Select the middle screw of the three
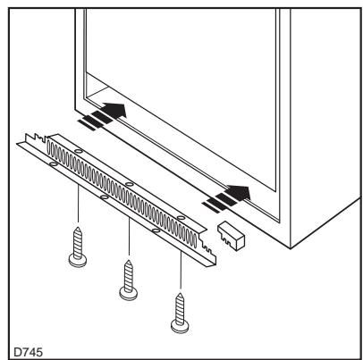click(x=128, y=279)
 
